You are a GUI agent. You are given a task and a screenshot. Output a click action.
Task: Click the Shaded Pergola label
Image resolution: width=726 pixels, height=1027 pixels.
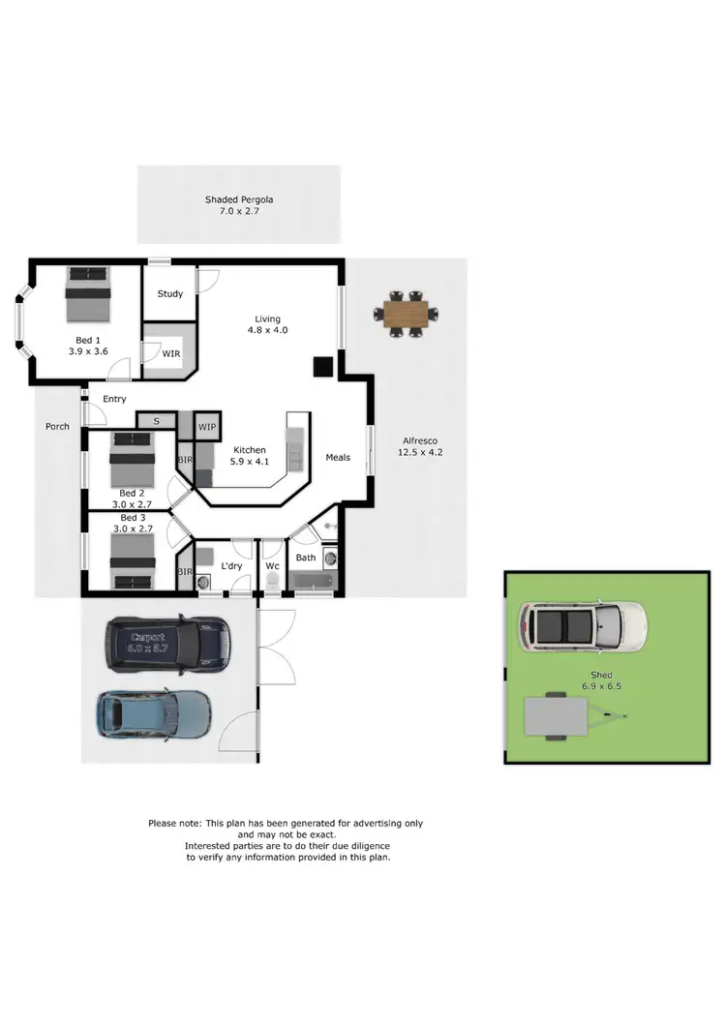point(239,199)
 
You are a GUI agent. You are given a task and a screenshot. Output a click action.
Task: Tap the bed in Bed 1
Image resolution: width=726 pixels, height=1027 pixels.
point(88,293)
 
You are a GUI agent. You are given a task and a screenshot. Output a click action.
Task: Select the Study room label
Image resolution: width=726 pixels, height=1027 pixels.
point(170,294)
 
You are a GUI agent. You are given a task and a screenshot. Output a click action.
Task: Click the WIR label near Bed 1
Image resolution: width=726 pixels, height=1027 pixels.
point(170,354)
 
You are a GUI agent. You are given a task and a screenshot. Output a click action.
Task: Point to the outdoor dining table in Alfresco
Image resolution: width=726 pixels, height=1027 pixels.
point(405,314)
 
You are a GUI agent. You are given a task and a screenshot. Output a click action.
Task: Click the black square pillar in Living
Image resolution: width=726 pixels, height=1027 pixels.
point(322,366)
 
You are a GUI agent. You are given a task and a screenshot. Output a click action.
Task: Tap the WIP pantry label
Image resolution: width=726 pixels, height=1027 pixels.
point(207,427)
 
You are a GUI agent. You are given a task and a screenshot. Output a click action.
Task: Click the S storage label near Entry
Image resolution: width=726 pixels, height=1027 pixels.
point(157,421)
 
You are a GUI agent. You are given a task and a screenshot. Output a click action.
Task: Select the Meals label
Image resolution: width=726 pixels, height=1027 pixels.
point(338,458)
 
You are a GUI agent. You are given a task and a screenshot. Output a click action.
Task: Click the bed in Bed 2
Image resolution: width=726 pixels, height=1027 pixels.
point(132,461)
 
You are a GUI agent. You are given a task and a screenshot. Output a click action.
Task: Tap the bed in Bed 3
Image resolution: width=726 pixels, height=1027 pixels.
point(132,560)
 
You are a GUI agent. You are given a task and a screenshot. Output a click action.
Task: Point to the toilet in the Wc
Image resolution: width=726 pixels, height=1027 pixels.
point(272,581)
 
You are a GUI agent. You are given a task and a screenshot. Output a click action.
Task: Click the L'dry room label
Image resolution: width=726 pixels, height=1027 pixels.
point(231,565)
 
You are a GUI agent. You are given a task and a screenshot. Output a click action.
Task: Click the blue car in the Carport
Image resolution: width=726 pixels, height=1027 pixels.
point(153,715)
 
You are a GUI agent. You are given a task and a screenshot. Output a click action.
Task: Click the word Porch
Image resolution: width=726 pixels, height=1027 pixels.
point(58,426)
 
